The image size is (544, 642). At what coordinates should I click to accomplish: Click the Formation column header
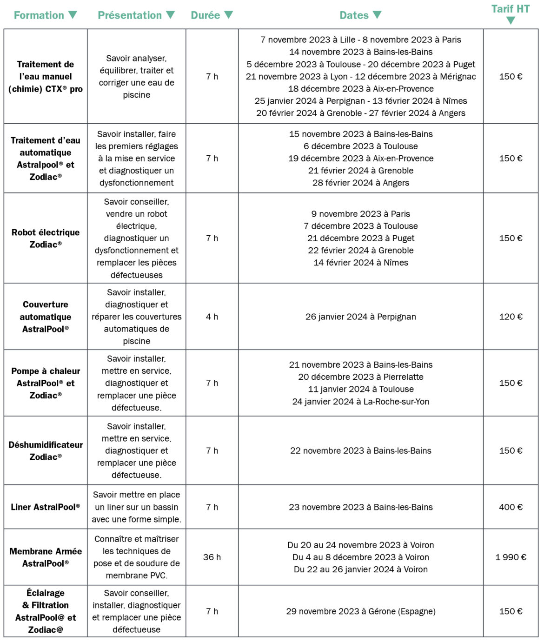pyautogui.click(x=39, y=15)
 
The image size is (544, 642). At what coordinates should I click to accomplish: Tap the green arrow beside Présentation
pyautogui.click(x=171, y=15)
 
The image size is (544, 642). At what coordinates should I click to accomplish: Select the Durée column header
pyautogui.click(x=205, y=15)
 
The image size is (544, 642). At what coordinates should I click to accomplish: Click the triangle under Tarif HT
pyautogui.click(x=511, y=20)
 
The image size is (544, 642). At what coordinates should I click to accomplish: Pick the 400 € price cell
pyautogui.click(x=511, y=507)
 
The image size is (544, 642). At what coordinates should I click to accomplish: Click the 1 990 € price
pyautogui.click(x=511, y=557)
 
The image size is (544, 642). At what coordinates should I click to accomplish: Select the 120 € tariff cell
pyautogui.click(x=511, y=317)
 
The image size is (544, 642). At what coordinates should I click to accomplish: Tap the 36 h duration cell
pyautogui.click(x=212, y=557)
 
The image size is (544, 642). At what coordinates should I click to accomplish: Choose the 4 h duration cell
pyautogui.click(x=212, y=317)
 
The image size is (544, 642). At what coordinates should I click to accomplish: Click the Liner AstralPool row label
pyautogui.click(x=46, y=507)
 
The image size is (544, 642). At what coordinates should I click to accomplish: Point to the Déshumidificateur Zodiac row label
pyautogui.click(x=46, y=450)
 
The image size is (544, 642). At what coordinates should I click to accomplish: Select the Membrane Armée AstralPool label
pyautogui.click(x=46, y=557)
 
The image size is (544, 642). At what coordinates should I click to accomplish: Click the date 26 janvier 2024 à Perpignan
pyautogui.click(x=361, y=317)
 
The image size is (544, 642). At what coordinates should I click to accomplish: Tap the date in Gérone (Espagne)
pyautogui.click(x=361, y=611)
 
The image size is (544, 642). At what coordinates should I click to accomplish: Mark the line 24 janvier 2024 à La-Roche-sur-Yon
pyautogui.click(x=361, y=401)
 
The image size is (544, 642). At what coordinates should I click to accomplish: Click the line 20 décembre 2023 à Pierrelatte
pyautogui.click(x=361, y=377)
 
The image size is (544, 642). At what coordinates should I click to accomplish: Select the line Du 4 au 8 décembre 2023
pyautogui.click(x=361, y=557)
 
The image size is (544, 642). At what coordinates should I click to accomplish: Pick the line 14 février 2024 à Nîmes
pyautogui.click(x=361, y=263)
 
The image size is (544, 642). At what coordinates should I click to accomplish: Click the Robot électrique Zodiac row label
pyautogui.click(x=46, y=238)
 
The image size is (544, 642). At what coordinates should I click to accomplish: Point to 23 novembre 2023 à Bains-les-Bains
pyautogui.click(x=361, y=507)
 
